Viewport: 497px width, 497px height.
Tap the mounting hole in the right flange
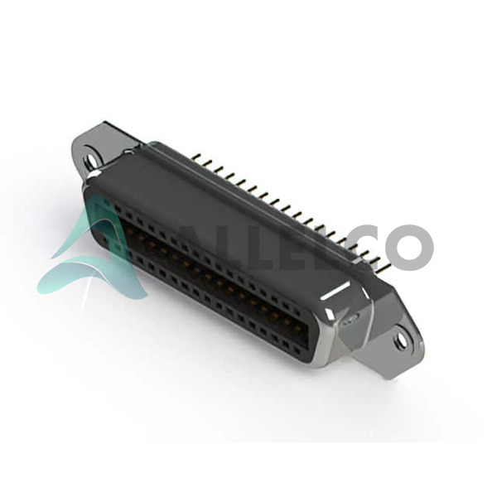coord(400,340)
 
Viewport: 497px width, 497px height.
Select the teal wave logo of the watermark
coord(92,250)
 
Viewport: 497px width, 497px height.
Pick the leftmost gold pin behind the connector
coord(196,157)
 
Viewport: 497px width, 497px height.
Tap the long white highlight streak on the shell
coord(336,290)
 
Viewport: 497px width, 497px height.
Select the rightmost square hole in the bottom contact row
coord(297,350)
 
